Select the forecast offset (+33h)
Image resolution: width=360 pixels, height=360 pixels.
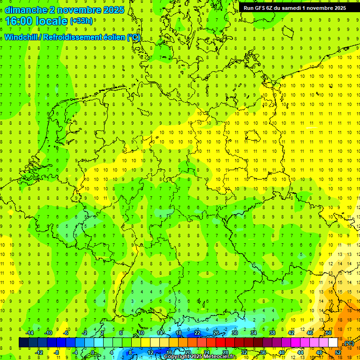click(x=81, y=21)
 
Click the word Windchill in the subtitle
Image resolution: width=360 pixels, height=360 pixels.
click(x=21, y=37)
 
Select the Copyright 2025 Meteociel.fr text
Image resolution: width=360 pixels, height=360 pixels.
click(x=200, y=357)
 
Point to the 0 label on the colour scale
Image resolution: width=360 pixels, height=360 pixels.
click(x=93, y=352)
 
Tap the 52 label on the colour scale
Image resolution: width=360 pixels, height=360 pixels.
click(x=338, y=352)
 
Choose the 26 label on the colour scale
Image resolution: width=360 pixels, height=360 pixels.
click(x=216, y=333)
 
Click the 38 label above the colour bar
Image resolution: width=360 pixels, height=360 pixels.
click(x=272, y=333)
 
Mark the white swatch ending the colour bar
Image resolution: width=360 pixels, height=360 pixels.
click(x=333, y=343)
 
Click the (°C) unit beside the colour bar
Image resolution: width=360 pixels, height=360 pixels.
click(x=349, y=343)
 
